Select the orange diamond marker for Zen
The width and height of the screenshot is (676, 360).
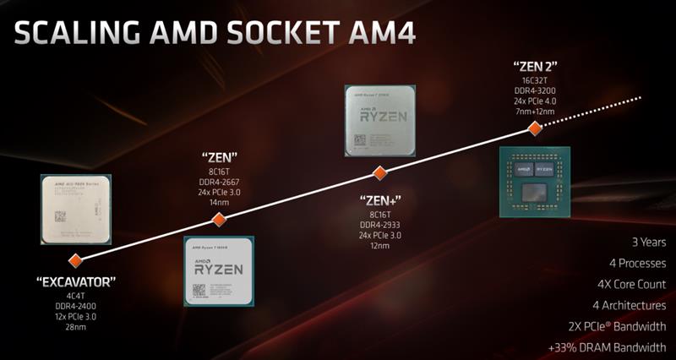(x=219, y=220)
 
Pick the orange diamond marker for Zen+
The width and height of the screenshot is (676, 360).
(x=380, y=172)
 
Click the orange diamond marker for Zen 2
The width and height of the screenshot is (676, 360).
(x=534, y=128)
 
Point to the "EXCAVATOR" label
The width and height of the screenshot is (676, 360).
(x=76, y=281)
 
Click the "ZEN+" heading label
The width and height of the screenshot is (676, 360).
(x=379, y=200)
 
